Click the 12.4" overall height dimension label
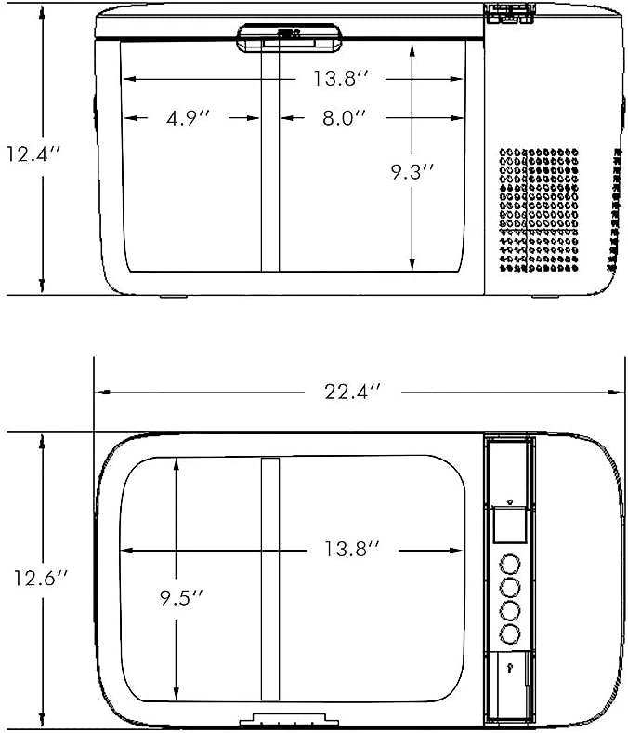coord(33,153)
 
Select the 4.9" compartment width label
coord(189,118)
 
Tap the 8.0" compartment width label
coord(344,118)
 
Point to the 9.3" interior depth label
coord(412,171)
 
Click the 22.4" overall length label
coord(353,392)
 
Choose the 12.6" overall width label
coord(41,578)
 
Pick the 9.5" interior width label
coord(182,597)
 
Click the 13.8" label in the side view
coord(341,78)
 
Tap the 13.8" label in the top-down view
coord(352,549)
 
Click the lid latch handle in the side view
coord(289,38)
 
